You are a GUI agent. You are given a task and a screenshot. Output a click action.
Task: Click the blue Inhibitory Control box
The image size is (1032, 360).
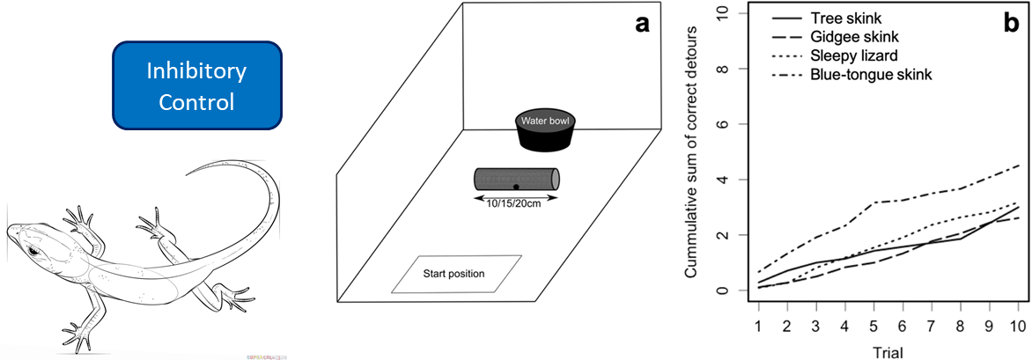click(x=196, y=85)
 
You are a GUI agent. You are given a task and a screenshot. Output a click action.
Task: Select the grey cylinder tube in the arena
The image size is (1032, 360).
click(x=516, y=179)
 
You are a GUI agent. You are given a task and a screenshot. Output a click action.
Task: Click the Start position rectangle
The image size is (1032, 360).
click(x=457, y=273)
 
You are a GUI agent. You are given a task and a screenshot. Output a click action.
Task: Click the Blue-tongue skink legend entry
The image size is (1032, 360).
click(x=881, y=75)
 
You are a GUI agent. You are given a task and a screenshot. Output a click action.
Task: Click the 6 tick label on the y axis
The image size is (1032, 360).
click(x=722, y=124)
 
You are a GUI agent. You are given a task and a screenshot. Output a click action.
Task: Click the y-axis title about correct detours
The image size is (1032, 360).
click(x=693, y=150)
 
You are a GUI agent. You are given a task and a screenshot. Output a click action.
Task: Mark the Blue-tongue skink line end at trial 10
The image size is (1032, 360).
click(x=1019, y=165)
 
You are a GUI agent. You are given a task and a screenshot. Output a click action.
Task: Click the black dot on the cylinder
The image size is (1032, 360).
click(x=516, y=187)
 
